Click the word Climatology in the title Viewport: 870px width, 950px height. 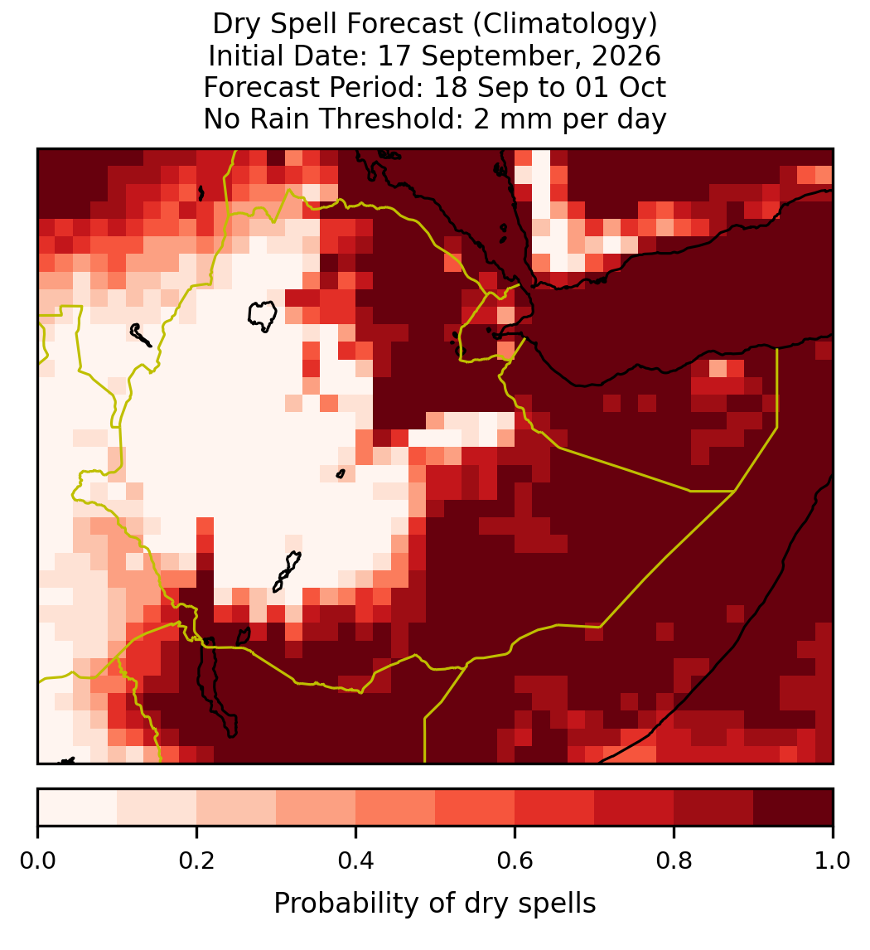point(565,24)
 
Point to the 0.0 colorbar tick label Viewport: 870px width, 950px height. point(37,861)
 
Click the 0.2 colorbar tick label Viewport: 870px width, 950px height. point(196,861)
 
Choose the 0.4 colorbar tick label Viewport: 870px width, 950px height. point(356,861)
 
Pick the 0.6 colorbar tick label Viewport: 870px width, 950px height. point(515,861)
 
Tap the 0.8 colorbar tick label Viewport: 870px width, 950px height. point(674,861)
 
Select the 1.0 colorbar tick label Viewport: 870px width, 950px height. point(833,861)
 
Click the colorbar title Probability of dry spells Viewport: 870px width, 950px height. point(435,904)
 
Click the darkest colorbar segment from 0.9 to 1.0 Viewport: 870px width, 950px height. point(793,807)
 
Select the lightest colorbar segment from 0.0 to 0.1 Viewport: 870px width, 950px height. point(78,807)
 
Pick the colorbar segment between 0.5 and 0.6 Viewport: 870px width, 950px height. point(476,807)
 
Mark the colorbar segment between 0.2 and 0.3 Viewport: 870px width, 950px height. point(236,807)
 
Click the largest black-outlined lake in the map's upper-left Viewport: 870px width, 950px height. point(263,315)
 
